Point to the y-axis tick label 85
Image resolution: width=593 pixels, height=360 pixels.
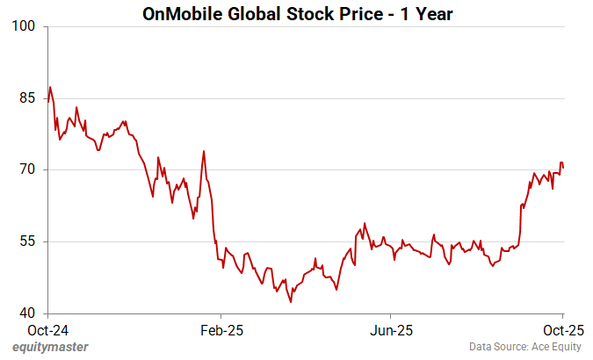click(27, 98)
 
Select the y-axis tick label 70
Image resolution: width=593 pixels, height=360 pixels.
click(27, 169)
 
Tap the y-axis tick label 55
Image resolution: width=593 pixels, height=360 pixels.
click(27, 241)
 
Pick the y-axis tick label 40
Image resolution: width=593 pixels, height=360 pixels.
click(27, 313)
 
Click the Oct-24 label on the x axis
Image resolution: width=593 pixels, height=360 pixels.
click(47, 330)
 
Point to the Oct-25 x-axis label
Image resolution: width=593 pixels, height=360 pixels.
click(562, 330)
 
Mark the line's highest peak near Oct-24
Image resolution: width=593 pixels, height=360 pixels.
click(50, 87)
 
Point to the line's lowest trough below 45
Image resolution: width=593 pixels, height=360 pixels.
click(291, 302)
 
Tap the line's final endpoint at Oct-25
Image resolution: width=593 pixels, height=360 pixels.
click(563, 168)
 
